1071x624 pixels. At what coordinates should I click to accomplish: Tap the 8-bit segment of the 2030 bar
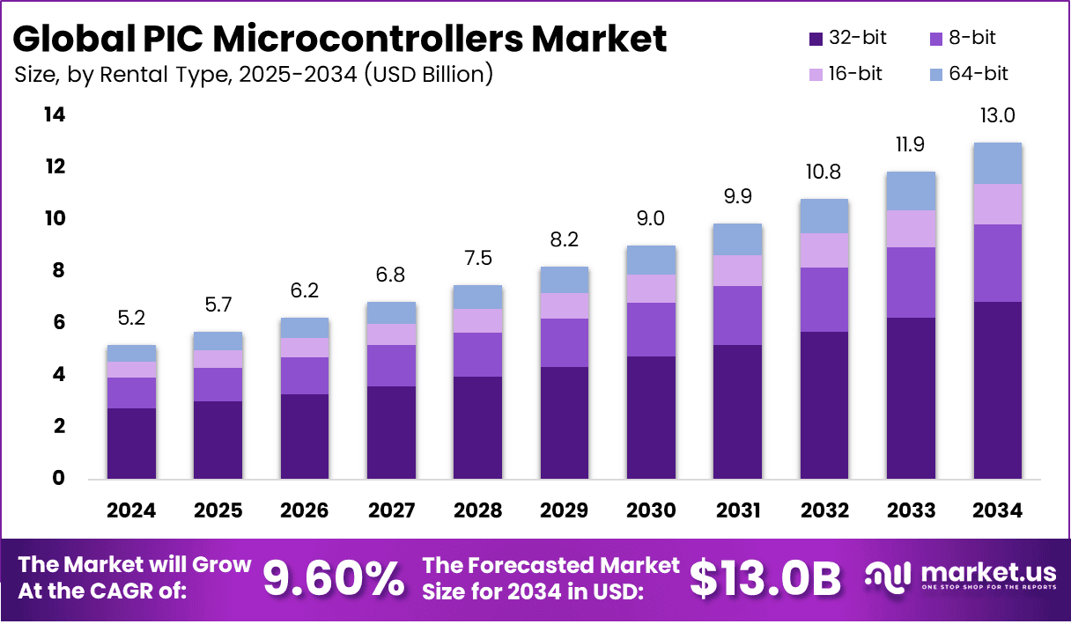[x=651, y=329]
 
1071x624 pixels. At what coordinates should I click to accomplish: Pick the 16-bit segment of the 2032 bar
[x=824, y=250]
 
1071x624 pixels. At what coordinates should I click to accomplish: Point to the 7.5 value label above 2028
[x=478, y=259]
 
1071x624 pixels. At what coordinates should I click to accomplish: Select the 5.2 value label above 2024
[x=131, y=319]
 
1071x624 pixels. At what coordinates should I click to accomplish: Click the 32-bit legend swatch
[x=816, y=39]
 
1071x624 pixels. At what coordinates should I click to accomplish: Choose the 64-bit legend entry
[x=968, y=74]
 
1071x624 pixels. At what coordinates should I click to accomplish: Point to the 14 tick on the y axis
[x=55, y=115]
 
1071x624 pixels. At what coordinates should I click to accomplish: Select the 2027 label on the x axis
[x=391, y=511]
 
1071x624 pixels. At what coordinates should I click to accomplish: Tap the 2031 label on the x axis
[x=738, y=511]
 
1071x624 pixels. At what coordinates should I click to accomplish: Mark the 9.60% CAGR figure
[x=334, y=578]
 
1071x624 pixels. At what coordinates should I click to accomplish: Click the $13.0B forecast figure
[x=764, y=578]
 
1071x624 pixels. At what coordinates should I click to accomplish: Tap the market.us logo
[x=958, y=577]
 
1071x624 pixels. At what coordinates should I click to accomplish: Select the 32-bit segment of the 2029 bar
[x=565, y=422]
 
